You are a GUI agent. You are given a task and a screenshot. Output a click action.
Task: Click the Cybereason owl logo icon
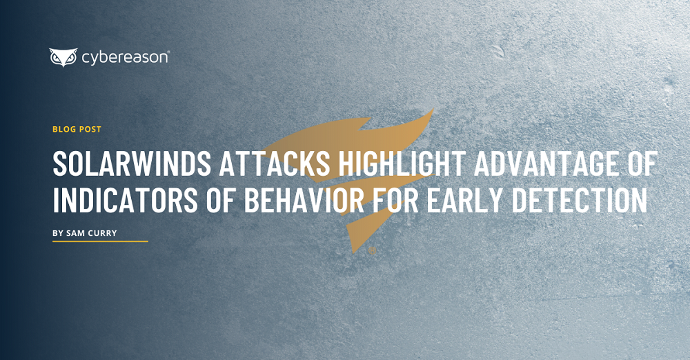(63, 57)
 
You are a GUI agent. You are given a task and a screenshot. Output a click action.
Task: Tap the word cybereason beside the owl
(124, 58)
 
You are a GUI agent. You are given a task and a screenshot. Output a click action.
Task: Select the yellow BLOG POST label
(77, 130)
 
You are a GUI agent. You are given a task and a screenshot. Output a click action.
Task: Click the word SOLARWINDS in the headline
(132, 163)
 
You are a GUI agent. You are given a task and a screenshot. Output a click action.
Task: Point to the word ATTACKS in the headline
(274, 163)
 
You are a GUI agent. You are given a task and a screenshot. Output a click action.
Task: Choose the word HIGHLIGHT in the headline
(402, 163)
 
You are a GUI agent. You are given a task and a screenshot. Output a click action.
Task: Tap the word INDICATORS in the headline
(126, 200)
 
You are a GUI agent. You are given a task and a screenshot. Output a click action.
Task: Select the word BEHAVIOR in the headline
(304, 200)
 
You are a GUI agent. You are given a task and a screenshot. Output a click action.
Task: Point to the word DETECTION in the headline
(580, 200)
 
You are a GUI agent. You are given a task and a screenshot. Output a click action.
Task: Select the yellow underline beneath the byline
(100, 241)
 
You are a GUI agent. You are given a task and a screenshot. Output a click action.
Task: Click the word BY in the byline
(58, 233)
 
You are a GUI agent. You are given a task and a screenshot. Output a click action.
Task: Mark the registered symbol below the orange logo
(373, 251)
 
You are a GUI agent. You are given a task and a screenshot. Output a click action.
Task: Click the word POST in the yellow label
(90, 130)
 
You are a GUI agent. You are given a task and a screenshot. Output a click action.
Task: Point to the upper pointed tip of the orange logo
(433, 108)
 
